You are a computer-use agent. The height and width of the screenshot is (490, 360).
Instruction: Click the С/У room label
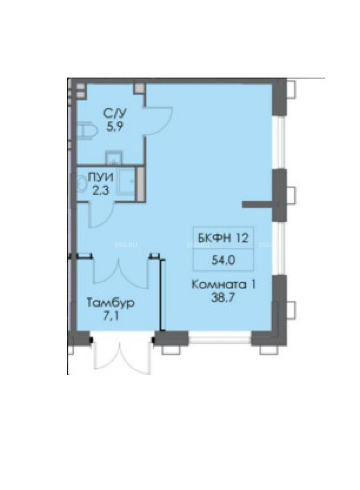pos(115,114)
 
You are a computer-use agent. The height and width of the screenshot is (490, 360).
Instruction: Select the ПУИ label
pos(100,177)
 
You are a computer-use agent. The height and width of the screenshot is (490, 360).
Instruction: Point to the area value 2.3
pos(100,191)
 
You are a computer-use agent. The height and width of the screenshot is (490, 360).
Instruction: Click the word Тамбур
pos(111,303)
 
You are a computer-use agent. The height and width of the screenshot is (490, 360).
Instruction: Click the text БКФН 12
pos(223,238)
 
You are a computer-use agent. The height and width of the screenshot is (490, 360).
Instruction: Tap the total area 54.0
pos(223,260)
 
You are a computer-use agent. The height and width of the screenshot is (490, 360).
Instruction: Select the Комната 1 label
pos(224,285)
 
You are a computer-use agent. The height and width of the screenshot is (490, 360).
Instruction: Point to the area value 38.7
pos(224,298)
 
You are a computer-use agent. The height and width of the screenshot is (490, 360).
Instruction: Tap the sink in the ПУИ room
pos(126,182)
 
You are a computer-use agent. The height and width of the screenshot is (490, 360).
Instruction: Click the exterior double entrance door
pos(121,362)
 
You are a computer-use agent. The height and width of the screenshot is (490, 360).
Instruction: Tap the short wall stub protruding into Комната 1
pos(258,204)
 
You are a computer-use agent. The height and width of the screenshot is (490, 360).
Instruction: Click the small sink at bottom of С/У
pos(113,157)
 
